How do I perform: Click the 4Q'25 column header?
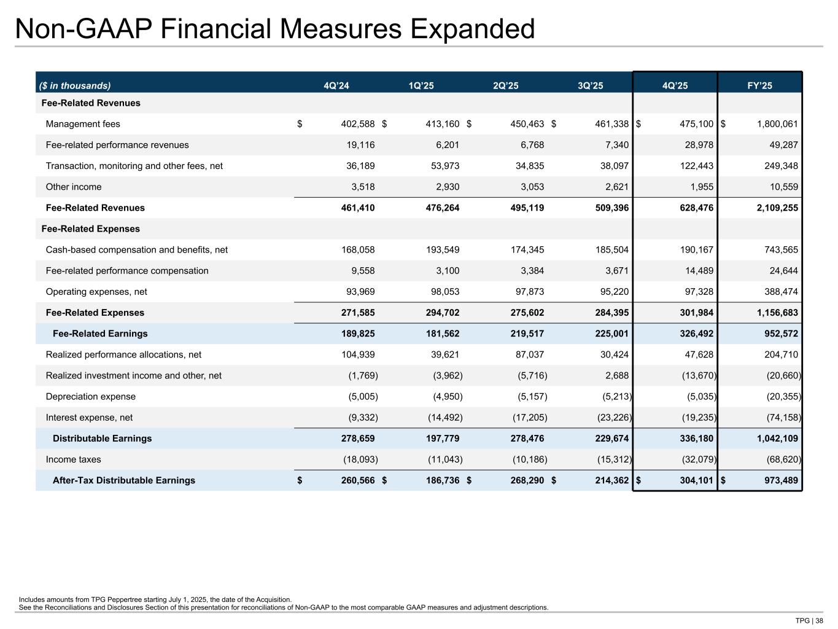675,86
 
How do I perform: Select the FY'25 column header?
759,86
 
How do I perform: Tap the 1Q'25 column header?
421,86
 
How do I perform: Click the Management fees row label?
83,124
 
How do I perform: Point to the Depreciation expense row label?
91,397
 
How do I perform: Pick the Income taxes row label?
74,459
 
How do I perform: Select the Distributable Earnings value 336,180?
693,439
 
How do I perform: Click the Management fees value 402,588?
357,124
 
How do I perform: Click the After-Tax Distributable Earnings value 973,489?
777,480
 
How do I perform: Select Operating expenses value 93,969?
359,292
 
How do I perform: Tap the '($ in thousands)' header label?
76,86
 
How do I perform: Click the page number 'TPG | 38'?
809,620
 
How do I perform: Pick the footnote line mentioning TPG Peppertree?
155,600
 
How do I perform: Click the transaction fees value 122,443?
693,166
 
